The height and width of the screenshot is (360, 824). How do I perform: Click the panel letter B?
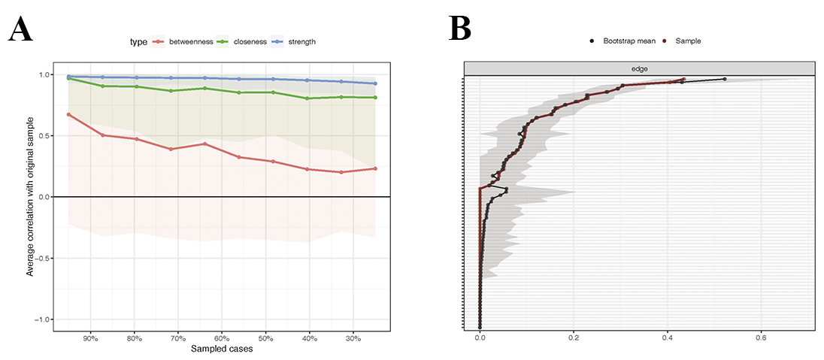click(x=459, y=28)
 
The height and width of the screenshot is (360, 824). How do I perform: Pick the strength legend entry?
click(x=297, y=42)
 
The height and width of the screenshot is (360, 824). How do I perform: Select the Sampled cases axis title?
click(x=221, y=349)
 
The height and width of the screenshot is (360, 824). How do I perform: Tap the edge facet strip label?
click(x=638, y=68)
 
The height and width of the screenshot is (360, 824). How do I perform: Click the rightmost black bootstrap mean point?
click(x=725, y=79)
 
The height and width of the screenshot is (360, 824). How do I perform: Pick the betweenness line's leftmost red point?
click(x=68, y=114)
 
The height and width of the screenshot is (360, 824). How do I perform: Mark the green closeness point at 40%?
click(x=307, y=98)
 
